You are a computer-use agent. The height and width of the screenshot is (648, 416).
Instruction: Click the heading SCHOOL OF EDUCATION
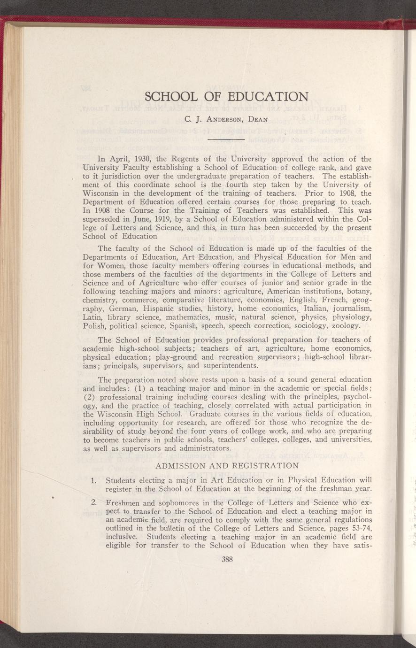coord(227,97)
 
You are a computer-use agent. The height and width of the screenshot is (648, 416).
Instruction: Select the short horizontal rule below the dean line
coord(227,139)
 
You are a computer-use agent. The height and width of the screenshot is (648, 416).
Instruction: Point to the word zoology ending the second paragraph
coord(345,325)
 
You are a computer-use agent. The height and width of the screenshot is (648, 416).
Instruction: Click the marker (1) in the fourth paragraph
coord(140,388)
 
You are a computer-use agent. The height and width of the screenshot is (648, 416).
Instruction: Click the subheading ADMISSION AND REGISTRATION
coord(227,466)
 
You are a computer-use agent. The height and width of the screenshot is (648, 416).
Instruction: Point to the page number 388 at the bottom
coord(227,559)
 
